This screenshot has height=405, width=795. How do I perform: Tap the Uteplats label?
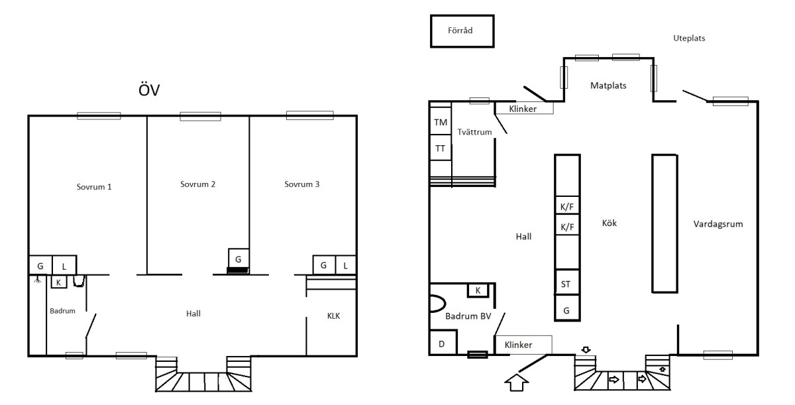click(689, 38)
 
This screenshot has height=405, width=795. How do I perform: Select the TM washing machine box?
click(441, 121)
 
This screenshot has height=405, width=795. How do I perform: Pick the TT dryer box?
click(441, 148)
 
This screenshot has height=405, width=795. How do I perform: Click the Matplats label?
click(608, 86)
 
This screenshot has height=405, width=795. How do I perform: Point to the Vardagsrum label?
click(718, 224)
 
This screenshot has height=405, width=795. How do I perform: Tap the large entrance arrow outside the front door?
click(517, 382)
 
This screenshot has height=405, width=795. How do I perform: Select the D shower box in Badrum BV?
click(443, 342)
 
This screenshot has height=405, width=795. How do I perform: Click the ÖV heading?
click(149, 89)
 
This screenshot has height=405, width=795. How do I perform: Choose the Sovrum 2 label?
click(197, 184)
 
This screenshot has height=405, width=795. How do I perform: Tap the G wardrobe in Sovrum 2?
click(238, 259)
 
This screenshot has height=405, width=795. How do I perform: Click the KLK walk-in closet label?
click(334, 316)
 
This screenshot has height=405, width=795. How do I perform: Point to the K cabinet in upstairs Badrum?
click(58, 282)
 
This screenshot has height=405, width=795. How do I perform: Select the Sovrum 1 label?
click(94, 187)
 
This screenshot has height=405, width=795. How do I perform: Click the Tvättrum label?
click(474, 132)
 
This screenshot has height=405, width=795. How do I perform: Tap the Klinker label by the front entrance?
click(518, 345)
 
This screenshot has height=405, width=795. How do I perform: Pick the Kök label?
click(609, 223)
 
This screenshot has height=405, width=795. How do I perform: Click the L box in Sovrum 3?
click(346, 264)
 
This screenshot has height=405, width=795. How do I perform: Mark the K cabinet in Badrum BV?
click(478, 290)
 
